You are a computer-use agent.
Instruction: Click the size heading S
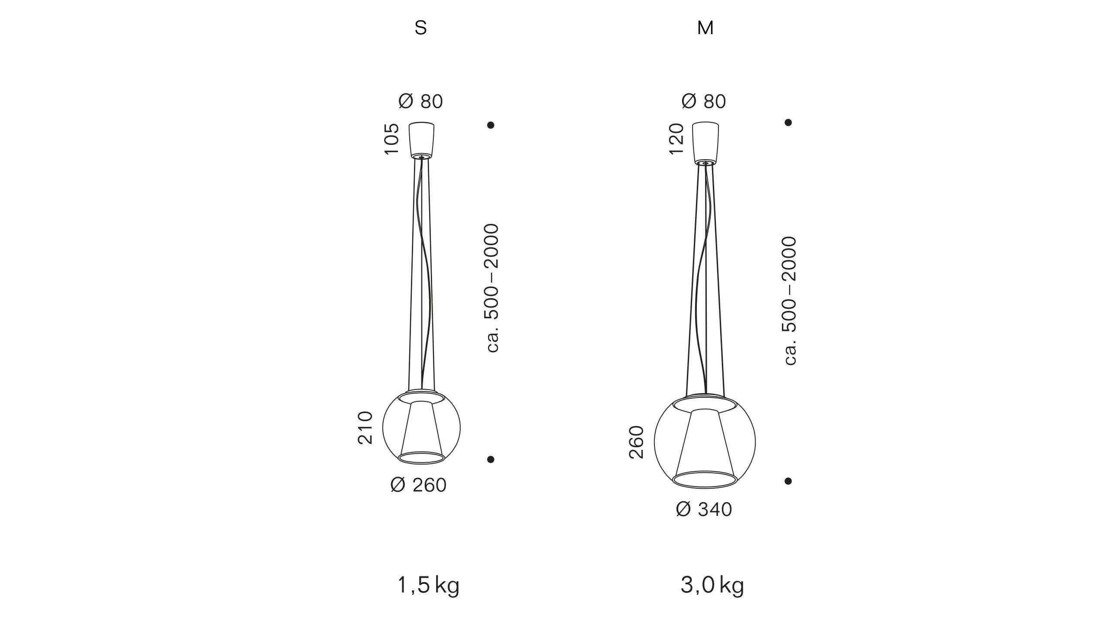(x=420, y=28)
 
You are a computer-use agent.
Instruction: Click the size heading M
(x=705, y=28)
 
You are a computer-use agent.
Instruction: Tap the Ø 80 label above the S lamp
(x=420, y=102)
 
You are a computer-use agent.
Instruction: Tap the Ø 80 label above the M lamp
(x=704, y=102)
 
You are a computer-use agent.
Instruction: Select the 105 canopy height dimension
(x=391, y=139)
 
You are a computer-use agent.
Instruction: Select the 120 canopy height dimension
(x=677, y=139)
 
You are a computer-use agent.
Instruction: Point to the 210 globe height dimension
(x=366, y=428)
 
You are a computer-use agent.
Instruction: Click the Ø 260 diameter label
(x=418, y=485)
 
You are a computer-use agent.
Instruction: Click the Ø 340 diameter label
(x=704, y=509)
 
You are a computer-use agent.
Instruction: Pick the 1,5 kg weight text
(x=428, y=586)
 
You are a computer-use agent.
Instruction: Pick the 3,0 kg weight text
(x=712, y=586)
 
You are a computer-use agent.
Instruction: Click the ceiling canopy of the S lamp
(x=421, y=140)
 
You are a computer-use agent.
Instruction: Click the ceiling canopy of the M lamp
(x=705, y=142)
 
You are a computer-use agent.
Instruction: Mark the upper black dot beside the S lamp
(x=491, y=125)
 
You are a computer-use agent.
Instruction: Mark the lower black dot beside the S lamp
(x=491, y=459)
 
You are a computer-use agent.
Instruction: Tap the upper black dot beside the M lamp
(x=788, y=122)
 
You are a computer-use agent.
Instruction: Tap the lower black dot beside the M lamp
(x=788, y=481)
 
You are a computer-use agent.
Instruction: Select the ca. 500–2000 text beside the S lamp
(x=492, y=288)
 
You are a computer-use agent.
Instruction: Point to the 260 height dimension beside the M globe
(x=636, y=442)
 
